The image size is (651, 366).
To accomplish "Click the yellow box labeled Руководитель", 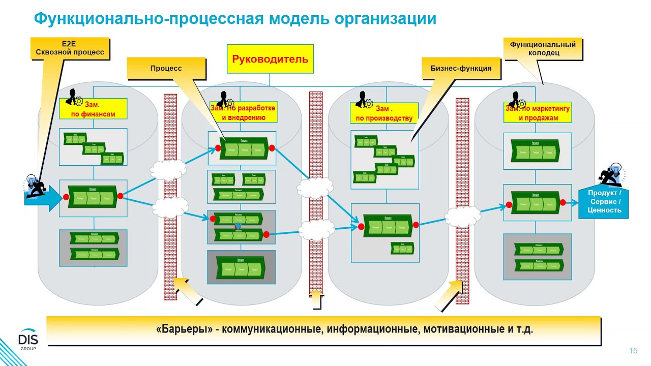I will [x=270, y=59].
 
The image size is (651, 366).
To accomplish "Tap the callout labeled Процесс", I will [x=166, y=68].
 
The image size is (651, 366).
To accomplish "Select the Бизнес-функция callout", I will [x=461, y=68].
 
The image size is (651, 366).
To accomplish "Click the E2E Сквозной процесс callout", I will [x=70, y=48].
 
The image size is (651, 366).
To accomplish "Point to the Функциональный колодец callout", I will [x=543, y=48].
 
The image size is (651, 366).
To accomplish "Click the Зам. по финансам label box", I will [x=93, y=109].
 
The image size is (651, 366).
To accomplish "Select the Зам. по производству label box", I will [x=384, y=113].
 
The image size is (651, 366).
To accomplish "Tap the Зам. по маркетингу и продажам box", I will [x=538, y=113].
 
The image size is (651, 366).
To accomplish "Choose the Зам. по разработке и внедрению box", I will [x=244, y=112].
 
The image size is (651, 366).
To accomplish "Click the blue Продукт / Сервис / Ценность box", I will [x=604, y=202].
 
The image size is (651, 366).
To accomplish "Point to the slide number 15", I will [x=633, y=351].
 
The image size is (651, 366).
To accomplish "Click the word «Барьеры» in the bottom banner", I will [x=185, y=329].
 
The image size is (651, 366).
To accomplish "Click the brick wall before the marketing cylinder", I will [x=462, y=201].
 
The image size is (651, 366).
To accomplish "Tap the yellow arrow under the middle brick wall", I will [x=316, y=300].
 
